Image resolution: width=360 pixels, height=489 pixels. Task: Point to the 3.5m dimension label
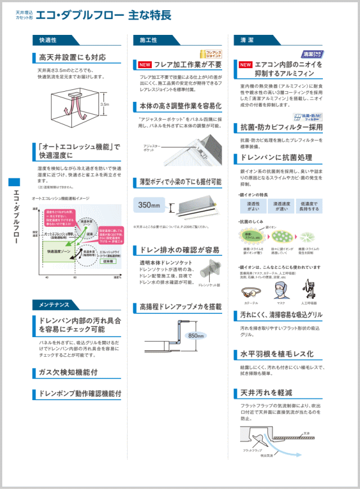104,104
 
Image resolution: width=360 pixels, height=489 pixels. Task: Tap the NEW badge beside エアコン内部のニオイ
245,65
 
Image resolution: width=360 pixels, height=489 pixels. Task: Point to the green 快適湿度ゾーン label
58,252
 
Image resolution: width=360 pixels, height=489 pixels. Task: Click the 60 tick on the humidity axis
75,277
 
